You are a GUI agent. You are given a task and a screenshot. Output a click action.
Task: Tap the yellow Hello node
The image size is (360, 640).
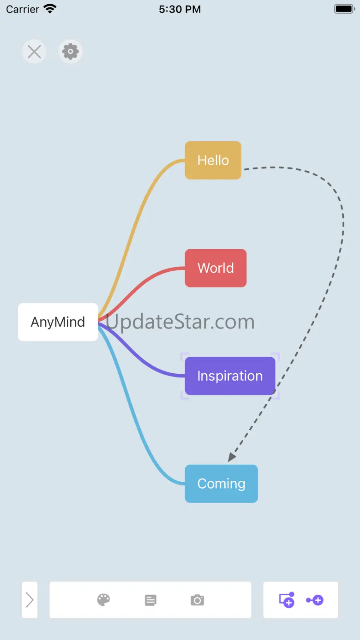[x=213, y=160]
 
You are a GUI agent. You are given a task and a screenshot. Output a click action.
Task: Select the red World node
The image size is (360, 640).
[x=216, y=268]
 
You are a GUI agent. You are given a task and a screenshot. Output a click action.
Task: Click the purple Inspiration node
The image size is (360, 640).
[x=230, y=376]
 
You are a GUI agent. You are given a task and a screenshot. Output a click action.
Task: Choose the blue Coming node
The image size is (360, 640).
[x=222, y=484]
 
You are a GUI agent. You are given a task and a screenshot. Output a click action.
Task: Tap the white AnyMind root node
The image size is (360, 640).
[x=58, y=322]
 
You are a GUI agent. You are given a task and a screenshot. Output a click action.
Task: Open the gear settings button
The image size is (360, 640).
[x=71, y=52]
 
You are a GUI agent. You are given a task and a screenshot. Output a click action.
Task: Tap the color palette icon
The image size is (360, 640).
[x=103, y=600]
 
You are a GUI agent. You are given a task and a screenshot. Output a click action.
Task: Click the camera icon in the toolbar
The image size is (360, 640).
[x=198, y=600]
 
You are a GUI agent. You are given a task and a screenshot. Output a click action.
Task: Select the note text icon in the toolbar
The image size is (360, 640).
[x=150, y=600]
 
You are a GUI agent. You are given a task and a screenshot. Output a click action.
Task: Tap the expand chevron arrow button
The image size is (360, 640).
[x=30, y=600]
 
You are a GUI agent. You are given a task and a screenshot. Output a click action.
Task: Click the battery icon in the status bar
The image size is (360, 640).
[x=345, y=9]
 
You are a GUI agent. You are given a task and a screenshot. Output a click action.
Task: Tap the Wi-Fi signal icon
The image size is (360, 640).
[x=50, y=9]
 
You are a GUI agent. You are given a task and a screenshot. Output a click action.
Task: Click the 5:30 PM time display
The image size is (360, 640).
[x=180, y=9]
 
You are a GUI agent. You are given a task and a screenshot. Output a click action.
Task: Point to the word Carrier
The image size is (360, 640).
[x=23, y=9]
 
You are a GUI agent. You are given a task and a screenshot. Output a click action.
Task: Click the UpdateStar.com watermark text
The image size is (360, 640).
[x=180, y=322]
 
